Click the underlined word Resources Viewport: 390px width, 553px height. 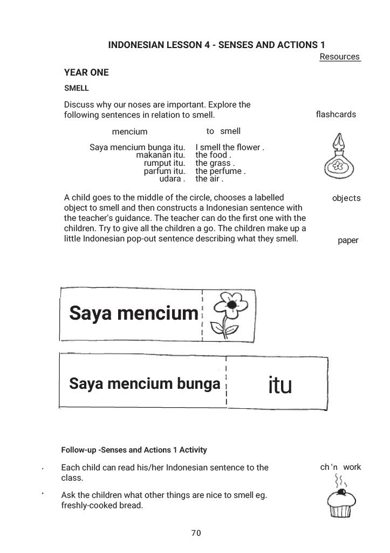(x=339, y=57)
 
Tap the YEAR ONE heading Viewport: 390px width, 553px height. (x=86, y=72)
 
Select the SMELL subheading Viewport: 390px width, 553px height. (x=76, y=88)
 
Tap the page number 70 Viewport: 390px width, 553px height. (x=196, y=533)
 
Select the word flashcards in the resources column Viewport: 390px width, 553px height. (x=336, y=114)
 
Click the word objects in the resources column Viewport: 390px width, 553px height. (x=346, y=198)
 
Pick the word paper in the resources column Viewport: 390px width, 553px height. (x=348, y=240)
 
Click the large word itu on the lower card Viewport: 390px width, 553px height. (x=279, y=385)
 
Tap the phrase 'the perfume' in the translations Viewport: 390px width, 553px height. (x=220, y=171)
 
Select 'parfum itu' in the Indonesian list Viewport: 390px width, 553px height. (x=165, y=171)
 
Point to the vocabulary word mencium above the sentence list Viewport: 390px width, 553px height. (x=129, y=131)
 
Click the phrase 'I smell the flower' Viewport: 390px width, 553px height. (x=229, y=147)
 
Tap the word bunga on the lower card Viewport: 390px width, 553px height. (x=200, y=384)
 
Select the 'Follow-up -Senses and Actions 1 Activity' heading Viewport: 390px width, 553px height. (x=134, y=449)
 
